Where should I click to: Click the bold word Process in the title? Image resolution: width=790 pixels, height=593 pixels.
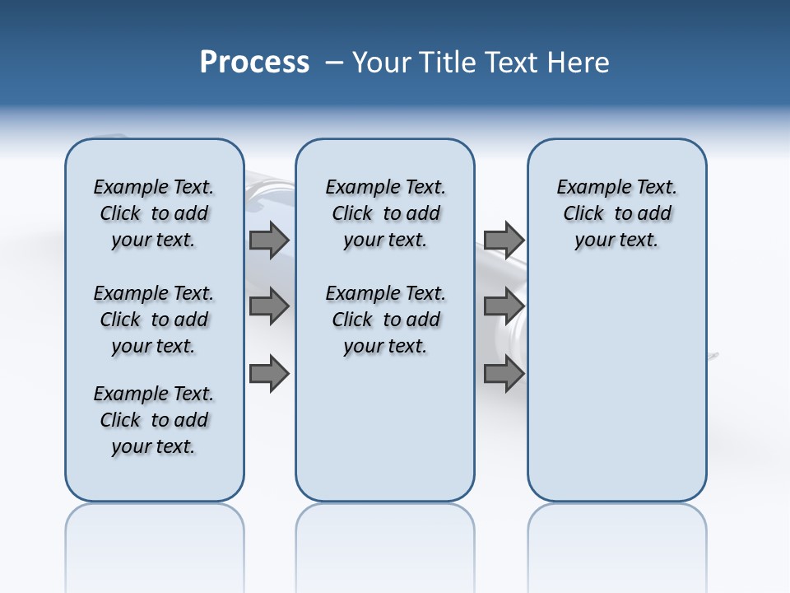[254, 63]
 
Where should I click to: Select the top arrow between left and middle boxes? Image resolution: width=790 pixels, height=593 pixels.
[269, 240]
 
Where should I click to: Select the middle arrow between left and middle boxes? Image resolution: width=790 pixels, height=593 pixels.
[269, 306]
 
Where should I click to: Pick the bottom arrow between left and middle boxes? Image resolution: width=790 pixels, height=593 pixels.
[269, 374]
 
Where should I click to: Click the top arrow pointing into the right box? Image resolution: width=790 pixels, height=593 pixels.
[504, 240]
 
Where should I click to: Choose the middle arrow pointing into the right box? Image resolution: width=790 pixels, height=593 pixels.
[504, 306]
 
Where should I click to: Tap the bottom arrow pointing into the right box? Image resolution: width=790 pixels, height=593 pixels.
[504, 374]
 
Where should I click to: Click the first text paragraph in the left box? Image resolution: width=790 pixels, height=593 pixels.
[154, 213]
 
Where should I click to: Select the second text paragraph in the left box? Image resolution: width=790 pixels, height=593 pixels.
[154, 320]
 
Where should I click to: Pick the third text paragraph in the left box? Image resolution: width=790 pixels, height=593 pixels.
[154, 420]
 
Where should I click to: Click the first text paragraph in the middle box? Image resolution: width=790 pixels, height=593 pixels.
[386, 213]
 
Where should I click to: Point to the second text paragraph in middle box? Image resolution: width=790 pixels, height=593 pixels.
[386, 320]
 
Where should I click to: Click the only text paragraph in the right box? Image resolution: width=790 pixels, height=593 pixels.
[617, 213]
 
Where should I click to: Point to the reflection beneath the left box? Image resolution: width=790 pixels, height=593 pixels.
[155, 535]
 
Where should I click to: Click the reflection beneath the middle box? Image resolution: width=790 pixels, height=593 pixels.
[385, 535]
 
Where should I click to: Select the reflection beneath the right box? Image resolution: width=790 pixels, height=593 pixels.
[617, 535]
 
